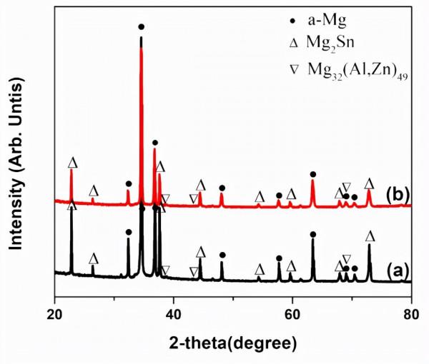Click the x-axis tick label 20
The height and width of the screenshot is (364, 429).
tap(55, 313)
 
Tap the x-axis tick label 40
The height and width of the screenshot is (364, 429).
tap(173, 313)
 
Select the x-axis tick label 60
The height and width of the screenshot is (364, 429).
tap(292, 313)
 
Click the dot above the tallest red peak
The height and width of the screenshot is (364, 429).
tap(141, 27)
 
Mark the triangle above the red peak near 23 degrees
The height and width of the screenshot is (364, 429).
tap(71, 163)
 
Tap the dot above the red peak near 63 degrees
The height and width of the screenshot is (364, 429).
tap(312, 174)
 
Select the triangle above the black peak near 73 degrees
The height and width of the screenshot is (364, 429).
tap(370, 236)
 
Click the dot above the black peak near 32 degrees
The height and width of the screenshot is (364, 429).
tap(129, 232)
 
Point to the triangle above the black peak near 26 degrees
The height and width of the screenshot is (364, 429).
tap(93, 258)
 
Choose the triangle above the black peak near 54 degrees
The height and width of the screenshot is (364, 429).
tap(260, 269)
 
